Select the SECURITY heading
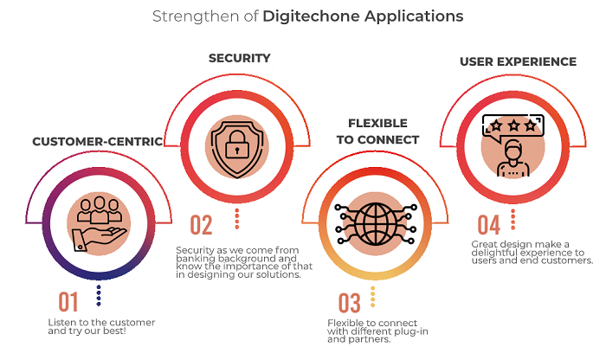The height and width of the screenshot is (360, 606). click(x=240, y=58)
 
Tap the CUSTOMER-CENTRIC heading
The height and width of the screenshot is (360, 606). click(x=97, y=142)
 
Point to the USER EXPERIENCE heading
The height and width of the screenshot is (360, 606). click(x=518, y=61)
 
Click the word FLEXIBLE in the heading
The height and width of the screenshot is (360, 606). click(x=377, y=123)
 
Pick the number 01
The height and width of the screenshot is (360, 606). click(x=68, y=302)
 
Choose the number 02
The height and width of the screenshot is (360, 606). click(x=201, y=225)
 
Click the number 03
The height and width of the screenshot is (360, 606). click(x=350, y=303)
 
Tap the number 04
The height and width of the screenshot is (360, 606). click(x=489, y=225)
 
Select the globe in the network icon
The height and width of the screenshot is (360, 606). click(x=375, y=224)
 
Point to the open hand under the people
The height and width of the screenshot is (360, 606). click(x=100, y=240)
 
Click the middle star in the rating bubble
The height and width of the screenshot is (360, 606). click(x=513, y=125)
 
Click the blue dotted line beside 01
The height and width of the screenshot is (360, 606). click(x=99, y=295)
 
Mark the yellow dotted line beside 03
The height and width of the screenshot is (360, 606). click(x=372, y=297)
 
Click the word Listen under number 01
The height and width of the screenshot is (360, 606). click(x=59, y=323)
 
